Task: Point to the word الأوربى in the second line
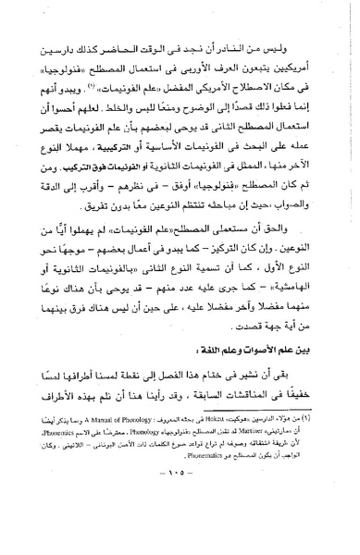pyautogui.click(x=205, y=69)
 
